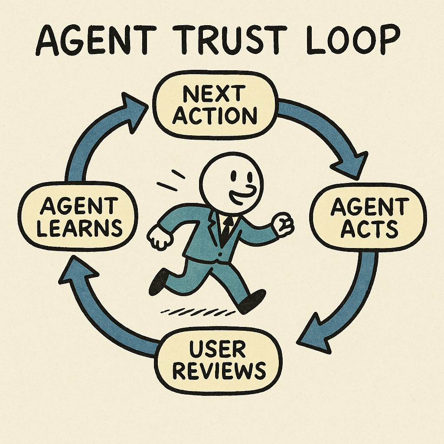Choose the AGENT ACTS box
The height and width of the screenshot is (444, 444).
(x=368, y=217)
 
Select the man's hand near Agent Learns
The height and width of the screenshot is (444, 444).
(x=159, y=237)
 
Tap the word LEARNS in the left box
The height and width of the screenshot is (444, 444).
(x=79, y=228)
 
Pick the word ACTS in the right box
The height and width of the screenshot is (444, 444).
(x=369, y=229)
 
